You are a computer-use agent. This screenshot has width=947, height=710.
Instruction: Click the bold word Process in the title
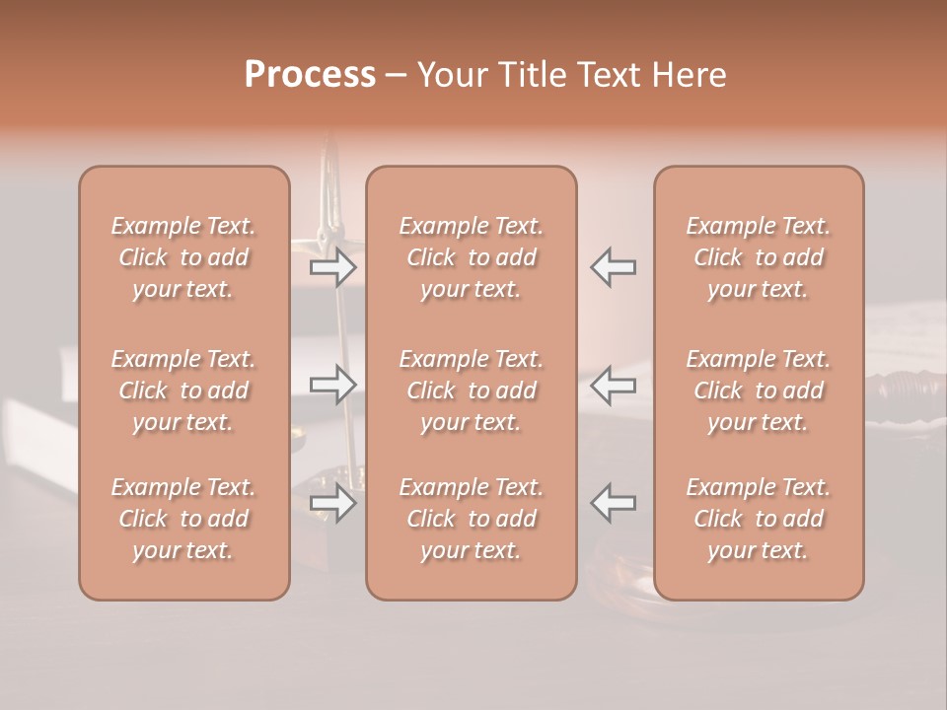click(x=310, y=74)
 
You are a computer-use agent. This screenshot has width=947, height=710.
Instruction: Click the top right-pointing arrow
click(x=332, y=267)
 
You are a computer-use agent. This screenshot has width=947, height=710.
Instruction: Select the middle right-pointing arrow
click(x=332, y=385)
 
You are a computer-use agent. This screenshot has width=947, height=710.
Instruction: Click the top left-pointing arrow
click(x=613, y=267)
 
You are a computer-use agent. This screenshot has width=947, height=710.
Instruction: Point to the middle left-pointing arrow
click(x=613, y=385)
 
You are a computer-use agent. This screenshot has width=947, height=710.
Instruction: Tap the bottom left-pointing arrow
click(x=613, y=502)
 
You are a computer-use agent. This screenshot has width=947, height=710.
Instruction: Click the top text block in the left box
click(x=183, y=257)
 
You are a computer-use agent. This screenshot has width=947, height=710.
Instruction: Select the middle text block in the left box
click(x=183, y=390)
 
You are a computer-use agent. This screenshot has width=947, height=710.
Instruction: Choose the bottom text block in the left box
click(x=183, y=519)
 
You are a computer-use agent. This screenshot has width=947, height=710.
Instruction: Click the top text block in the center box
click(x=472, y=257)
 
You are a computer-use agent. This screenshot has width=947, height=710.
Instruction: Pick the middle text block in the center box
click(x=472, y=390)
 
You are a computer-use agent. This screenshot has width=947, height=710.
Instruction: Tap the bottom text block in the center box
click(x=472, y=519)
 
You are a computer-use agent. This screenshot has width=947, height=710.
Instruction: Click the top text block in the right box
click(x=759, y=257)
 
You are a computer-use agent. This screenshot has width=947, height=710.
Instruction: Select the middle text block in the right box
click(x=759, y=390)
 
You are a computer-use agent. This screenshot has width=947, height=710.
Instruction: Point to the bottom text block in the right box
click(x=759, y=519)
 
